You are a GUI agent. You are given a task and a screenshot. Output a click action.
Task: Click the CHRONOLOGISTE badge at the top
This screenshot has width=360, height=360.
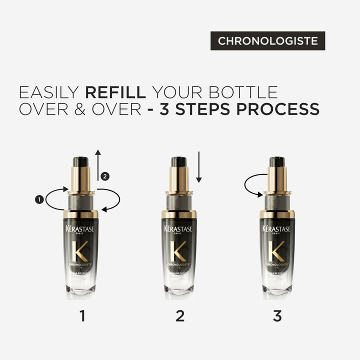267,41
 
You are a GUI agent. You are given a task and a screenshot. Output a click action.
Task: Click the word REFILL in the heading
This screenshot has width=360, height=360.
115,92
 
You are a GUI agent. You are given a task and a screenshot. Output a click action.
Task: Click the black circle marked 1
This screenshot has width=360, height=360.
38,199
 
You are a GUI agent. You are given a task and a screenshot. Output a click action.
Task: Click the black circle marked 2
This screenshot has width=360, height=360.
104,176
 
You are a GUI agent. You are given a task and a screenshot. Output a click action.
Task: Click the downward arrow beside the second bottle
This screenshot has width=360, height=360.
198,167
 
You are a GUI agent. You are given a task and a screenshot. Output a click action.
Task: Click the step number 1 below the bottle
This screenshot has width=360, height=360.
81,315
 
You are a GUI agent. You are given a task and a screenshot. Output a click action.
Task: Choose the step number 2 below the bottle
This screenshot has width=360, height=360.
179,315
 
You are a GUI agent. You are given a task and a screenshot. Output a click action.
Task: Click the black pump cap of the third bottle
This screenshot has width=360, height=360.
277,162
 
